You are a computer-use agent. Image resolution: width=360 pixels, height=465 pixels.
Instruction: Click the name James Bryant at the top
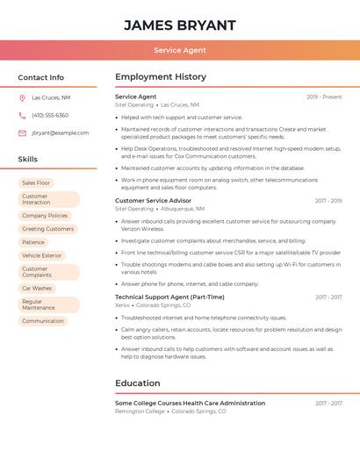coord(180,25)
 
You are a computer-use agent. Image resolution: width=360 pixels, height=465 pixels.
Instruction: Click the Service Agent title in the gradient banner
coord(180,50)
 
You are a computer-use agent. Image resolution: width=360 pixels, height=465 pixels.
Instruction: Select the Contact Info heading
coord(41,77)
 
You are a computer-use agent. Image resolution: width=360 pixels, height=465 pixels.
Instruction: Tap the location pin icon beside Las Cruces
coord(22,97)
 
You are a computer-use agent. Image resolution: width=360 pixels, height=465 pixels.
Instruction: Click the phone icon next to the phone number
coord(22,115)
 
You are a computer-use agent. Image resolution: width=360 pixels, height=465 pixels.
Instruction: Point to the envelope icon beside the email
coord(22,133)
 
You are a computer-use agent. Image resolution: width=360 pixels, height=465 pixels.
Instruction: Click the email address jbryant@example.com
coord(60,133)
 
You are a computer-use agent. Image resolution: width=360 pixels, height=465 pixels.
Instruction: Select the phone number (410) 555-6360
coord(50,115)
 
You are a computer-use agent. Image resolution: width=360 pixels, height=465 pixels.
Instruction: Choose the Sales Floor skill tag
coord(36,182)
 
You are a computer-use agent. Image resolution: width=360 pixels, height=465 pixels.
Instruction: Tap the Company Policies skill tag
coord(45,215)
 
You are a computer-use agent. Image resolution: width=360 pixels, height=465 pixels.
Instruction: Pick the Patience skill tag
coord(33,242)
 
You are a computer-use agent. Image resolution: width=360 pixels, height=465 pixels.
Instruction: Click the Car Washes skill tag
coord(37,288)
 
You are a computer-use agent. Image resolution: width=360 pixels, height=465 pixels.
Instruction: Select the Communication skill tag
coord(43,321)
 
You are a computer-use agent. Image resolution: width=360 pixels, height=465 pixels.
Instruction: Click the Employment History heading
coord(161,77)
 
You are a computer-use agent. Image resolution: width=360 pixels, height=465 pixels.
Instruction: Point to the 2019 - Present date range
coord(324,97)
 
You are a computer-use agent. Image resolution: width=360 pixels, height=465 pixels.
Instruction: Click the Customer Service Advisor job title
coord(153,201)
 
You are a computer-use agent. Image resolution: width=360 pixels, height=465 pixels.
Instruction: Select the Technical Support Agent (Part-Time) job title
coord(169,297)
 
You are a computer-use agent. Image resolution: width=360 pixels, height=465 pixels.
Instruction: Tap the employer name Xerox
coord(122,305)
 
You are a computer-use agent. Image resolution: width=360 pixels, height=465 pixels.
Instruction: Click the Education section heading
coord(138,383)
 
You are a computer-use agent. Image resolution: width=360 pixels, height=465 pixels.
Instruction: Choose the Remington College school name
coord(140,411)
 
